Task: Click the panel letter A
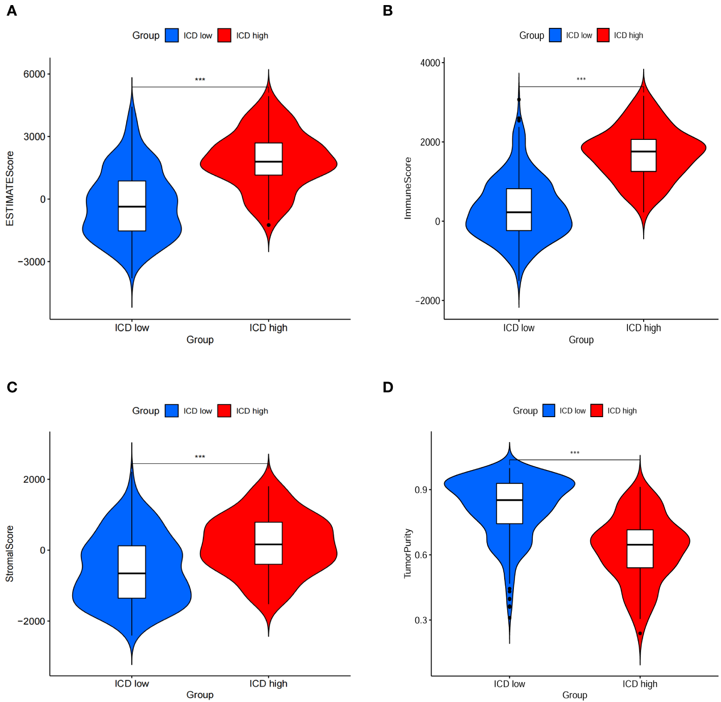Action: [12, 11]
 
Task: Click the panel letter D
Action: [388, 387]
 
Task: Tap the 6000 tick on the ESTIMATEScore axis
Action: [34, 74]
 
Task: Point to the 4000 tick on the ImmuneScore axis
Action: [430, 63]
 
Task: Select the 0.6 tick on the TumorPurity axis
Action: [421, 555]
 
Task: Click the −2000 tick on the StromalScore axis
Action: [32, 621]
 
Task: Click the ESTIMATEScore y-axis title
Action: [10, 189]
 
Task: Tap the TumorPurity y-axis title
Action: [408, 553]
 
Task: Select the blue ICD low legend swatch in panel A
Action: [172, 36]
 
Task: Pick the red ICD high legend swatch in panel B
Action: [603, 35]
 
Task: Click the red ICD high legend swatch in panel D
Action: [597, 411]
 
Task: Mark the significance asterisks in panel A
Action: [200, 80]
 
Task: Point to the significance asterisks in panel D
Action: [574, 453]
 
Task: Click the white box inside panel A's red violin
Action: [269, 159]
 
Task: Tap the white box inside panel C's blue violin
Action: [132, 572]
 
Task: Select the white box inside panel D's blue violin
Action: [509, 503]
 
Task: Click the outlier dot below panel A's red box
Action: [269, 225]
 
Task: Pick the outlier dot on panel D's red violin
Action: [640, 633]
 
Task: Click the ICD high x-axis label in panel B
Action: [643, 328]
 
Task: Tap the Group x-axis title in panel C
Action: [200, 695]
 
